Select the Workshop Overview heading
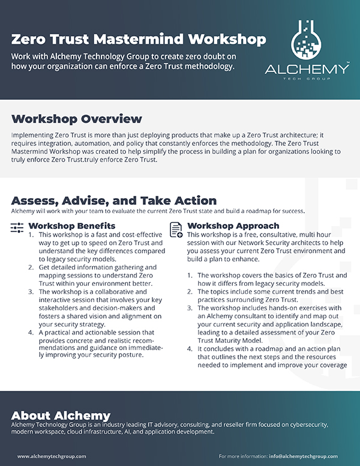pyautogui.click(x=77, y=118)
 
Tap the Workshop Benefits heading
pyautogui.click(x=72, y=226)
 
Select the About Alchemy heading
pyautogui.click(x=61, y=416)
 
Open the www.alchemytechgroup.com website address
pyautogui.click(x=52, y=456)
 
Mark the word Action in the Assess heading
pyautogui.click(x=195, y=201)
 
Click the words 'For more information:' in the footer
pyautogui.click(x=242, y=456)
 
